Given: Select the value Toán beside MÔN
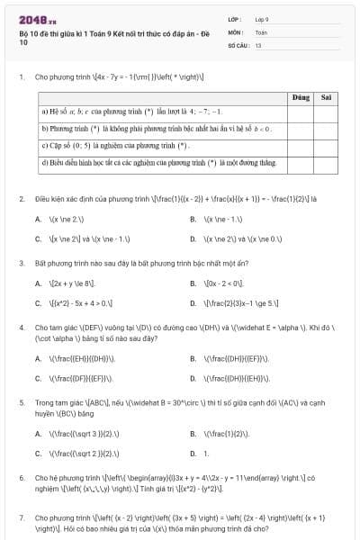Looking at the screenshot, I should [x=261, y=31].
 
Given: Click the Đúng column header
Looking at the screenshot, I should [x=301, y=96].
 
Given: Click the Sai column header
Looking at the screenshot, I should [x=326, y=96].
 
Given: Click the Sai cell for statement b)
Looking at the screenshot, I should [x=326, y=129].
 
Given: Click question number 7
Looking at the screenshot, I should [x=21, y=518].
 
